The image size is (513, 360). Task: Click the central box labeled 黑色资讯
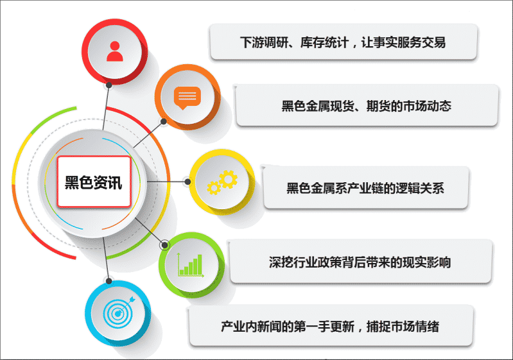94,182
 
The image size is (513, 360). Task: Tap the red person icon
114,51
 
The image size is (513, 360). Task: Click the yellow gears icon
222,182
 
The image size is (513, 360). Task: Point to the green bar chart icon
191,265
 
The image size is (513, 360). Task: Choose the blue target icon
119,313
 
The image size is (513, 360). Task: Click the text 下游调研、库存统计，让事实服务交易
343,42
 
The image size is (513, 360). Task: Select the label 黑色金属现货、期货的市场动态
367,106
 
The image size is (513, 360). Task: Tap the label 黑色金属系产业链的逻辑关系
365,188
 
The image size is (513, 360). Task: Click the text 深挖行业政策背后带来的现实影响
360,262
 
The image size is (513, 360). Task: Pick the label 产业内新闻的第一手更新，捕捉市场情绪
330,327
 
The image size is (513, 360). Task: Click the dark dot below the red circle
109,85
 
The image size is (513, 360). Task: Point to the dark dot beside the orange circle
164,122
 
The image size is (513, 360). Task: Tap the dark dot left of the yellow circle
187,182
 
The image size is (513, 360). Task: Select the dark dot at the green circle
165,244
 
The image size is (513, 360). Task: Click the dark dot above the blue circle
109,281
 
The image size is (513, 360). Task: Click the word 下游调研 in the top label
264,42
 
